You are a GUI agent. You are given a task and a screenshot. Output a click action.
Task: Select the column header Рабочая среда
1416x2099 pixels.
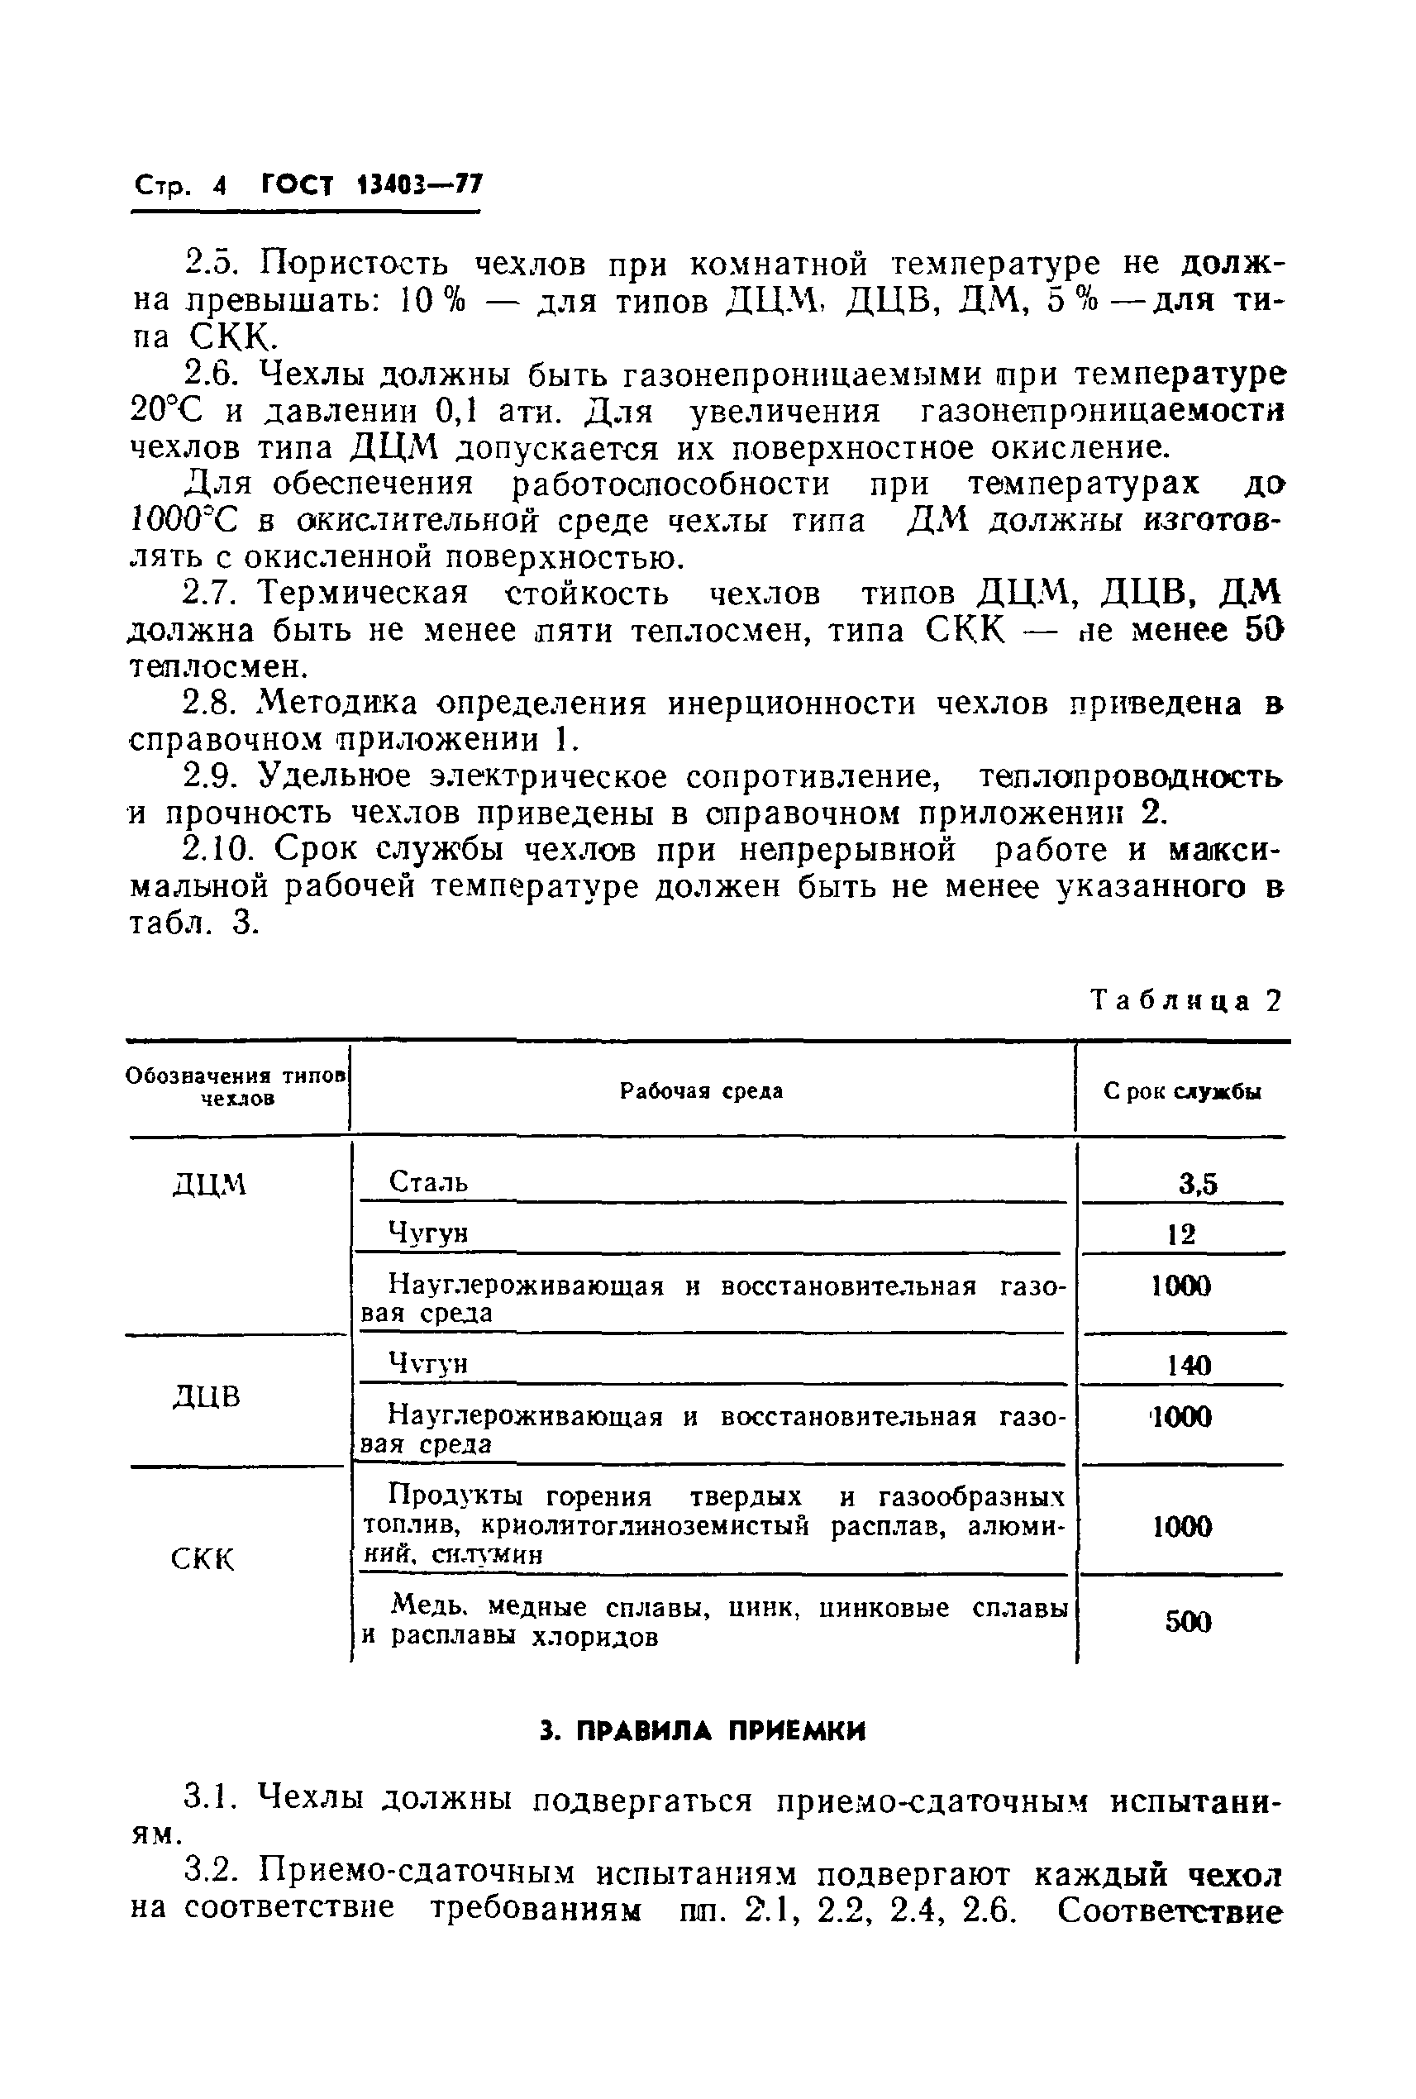[701, 1091]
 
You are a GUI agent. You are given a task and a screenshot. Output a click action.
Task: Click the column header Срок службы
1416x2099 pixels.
[1182, 1091]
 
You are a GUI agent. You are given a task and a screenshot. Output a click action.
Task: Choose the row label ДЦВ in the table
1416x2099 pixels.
[207, 1397]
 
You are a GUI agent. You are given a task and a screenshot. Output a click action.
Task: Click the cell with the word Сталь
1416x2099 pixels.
[428, 1181]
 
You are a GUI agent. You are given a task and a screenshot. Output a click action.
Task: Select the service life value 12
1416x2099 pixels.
[1181, 1233]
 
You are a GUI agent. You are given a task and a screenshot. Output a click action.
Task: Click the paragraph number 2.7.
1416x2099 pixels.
[208, 594]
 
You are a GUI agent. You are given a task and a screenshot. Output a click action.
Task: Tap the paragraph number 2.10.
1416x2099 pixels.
[217, 849]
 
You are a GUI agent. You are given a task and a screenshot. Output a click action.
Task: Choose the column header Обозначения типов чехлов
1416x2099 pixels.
[237, 1086]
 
